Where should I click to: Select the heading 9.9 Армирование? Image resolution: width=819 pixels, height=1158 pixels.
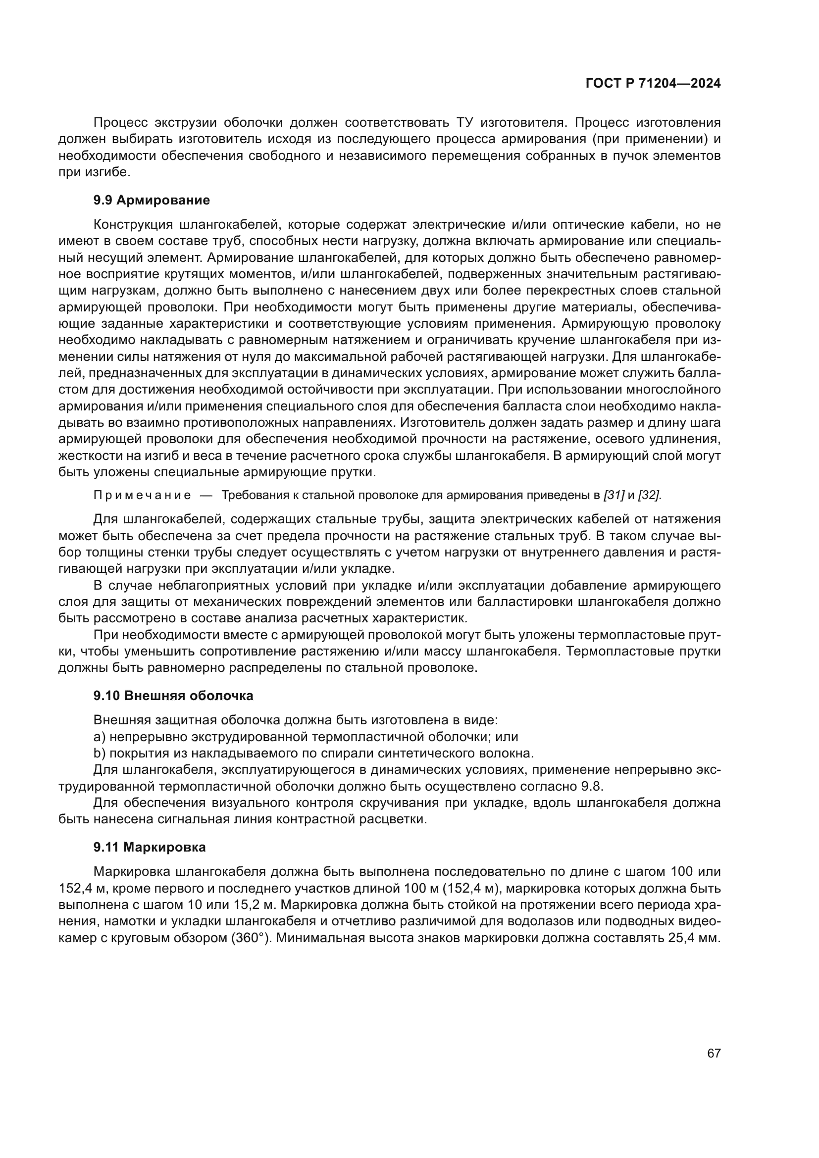pyautogui.click(x=152, y=200)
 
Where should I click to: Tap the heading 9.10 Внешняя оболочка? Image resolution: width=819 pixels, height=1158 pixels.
pyautogui.click(x=173, y=696)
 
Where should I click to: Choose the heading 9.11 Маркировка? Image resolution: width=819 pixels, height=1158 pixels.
pyautogui.click(x=149, y=847)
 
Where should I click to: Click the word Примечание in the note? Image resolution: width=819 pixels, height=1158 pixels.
pyautogui.click(x=142, y=495)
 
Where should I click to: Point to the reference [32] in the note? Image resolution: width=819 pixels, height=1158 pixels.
pyautogui.click(x=649, y=495)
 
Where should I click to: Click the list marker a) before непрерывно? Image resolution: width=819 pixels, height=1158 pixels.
pyautogui.click(x=100, y=737)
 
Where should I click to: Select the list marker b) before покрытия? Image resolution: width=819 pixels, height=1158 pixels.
pyautogui.click(x=100, y=754)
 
